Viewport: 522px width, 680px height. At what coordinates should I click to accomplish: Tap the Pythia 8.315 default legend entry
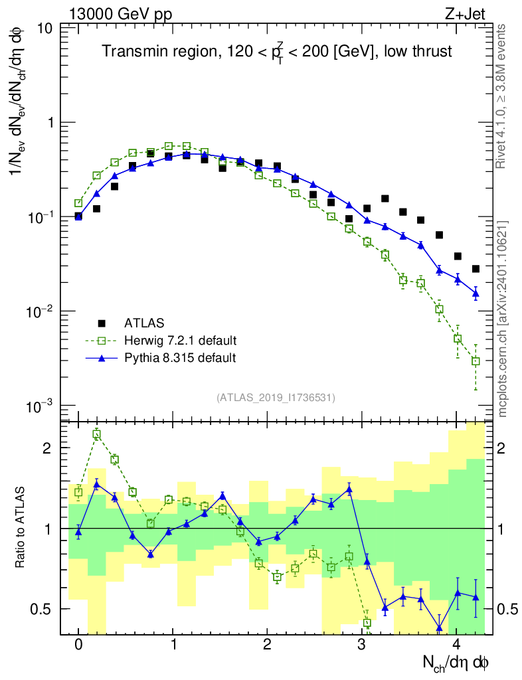point(180,358)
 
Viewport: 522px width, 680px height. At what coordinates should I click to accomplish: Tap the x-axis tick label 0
point(78,645)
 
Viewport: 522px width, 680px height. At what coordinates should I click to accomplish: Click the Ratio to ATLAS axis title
point(22,528)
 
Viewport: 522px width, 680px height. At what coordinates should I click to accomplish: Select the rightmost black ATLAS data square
point(476,269)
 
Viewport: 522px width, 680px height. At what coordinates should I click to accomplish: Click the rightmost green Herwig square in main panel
point(476,361)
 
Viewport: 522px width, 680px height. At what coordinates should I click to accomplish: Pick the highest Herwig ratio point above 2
point(97,435)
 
